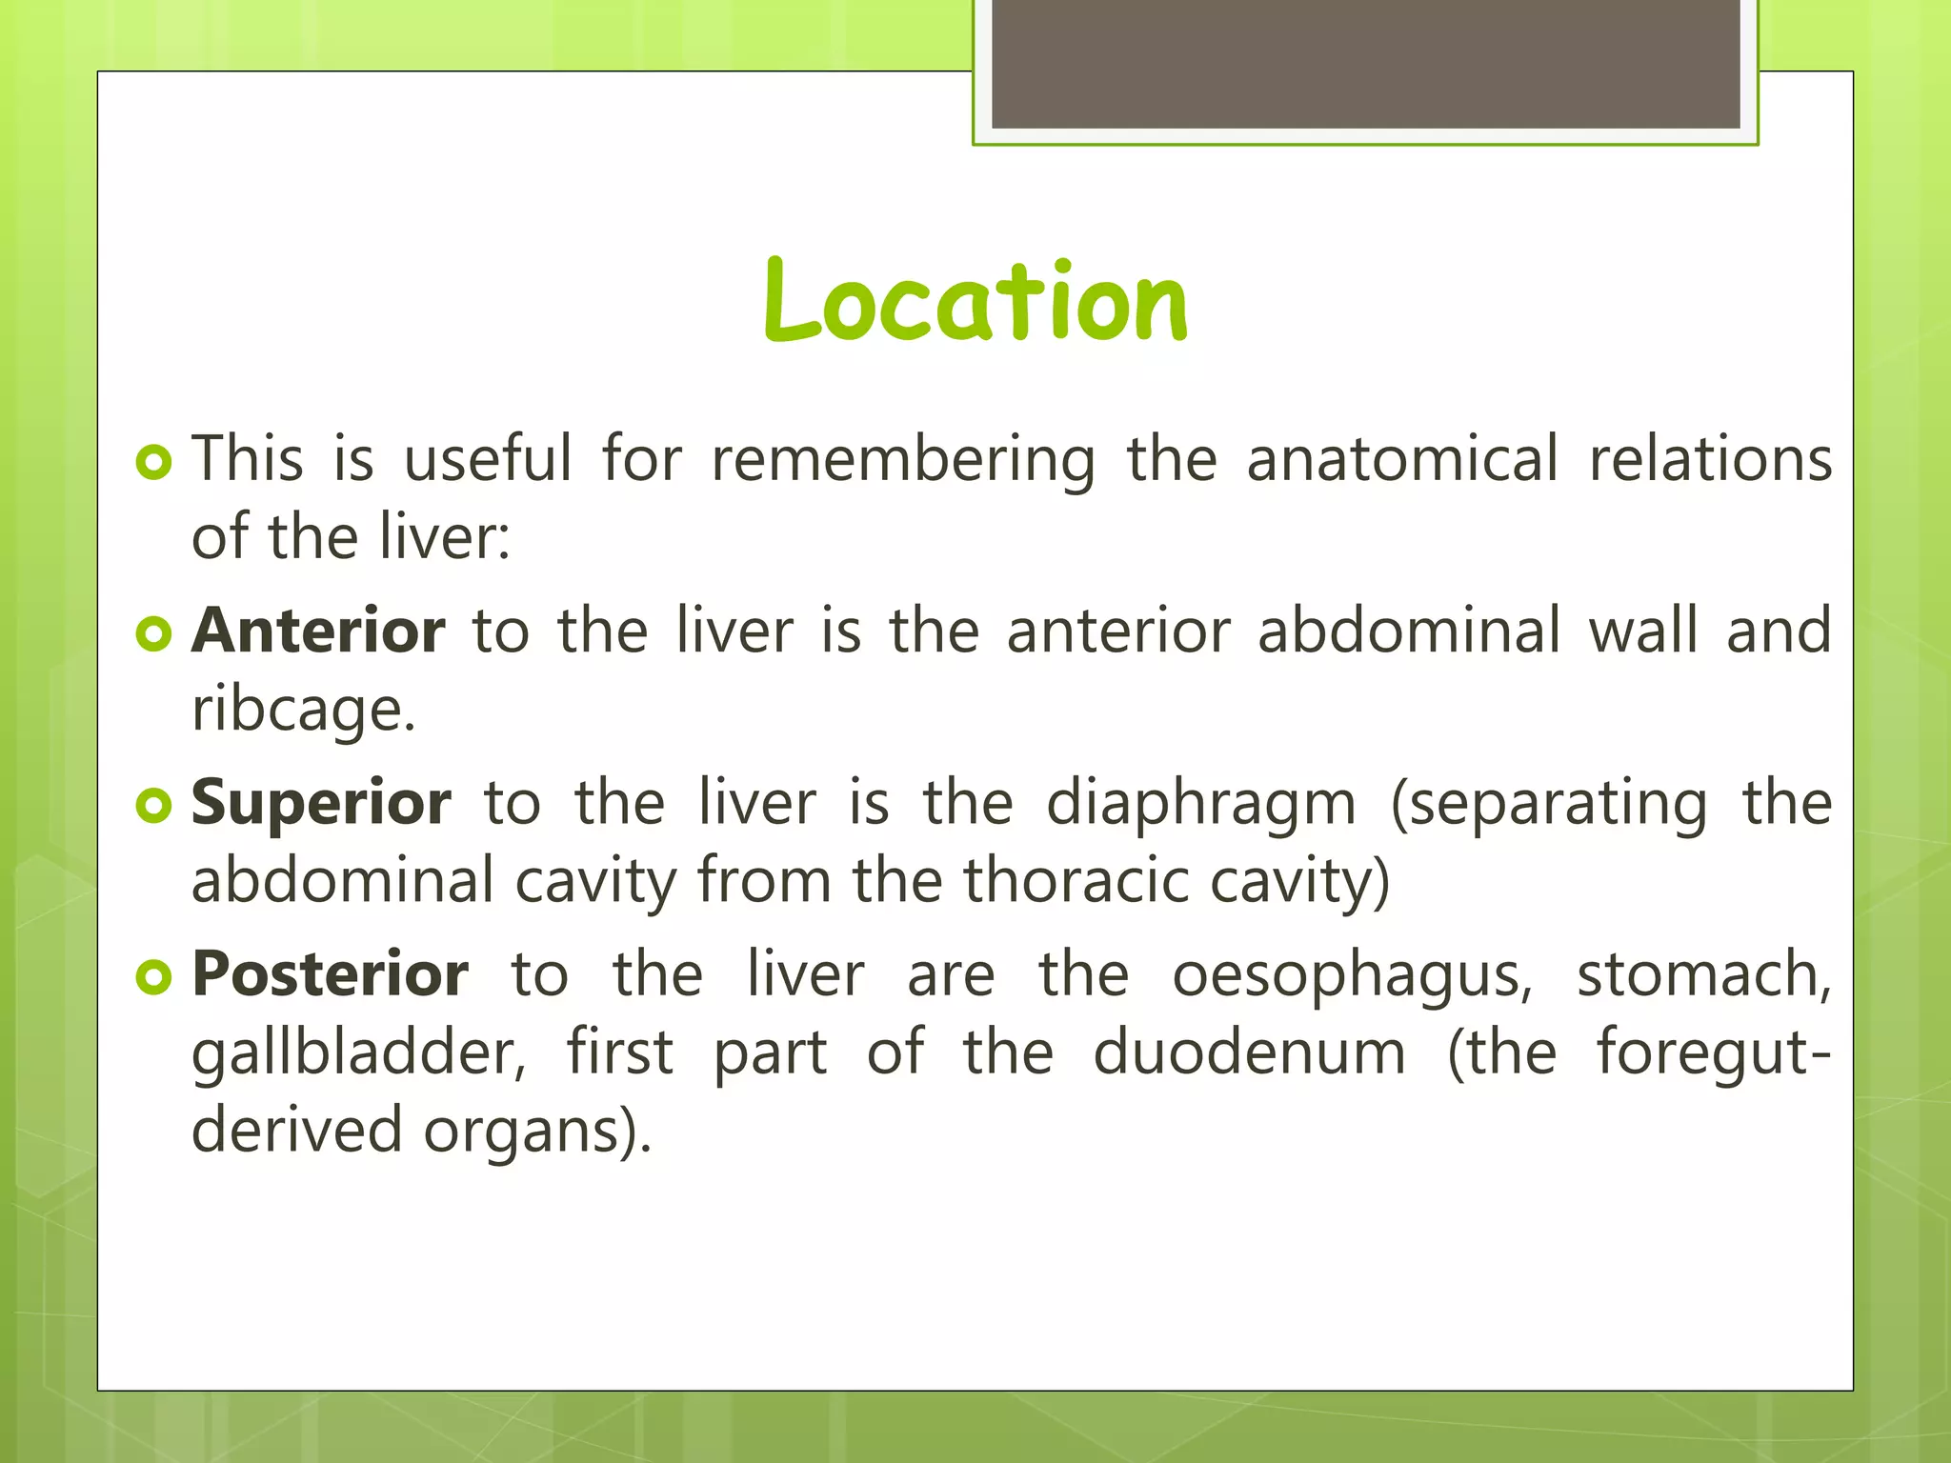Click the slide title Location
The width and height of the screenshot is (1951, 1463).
[x=975, y=303]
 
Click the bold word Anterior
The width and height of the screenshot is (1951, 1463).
[x=318, y=631]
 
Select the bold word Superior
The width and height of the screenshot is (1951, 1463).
[x=321, y=803]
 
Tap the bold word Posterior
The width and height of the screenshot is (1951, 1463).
[x=330, y=974]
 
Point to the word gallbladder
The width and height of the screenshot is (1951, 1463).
[x=359, y=1053]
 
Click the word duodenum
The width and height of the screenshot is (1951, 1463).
[x=1249, y=1053]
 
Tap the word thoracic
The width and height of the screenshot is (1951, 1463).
[x=1076, y=881]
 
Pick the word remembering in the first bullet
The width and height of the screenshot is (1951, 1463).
[x=903, y=460]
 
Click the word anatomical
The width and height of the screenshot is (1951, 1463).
[x=1402, y=460]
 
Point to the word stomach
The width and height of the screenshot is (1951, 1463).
[x=1703, y=975]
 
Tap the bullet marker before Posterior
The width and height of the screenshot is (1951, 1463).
[x=153, y=976]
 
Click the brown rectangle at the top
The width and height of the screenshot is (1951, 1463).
[x=1365, y=63]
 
